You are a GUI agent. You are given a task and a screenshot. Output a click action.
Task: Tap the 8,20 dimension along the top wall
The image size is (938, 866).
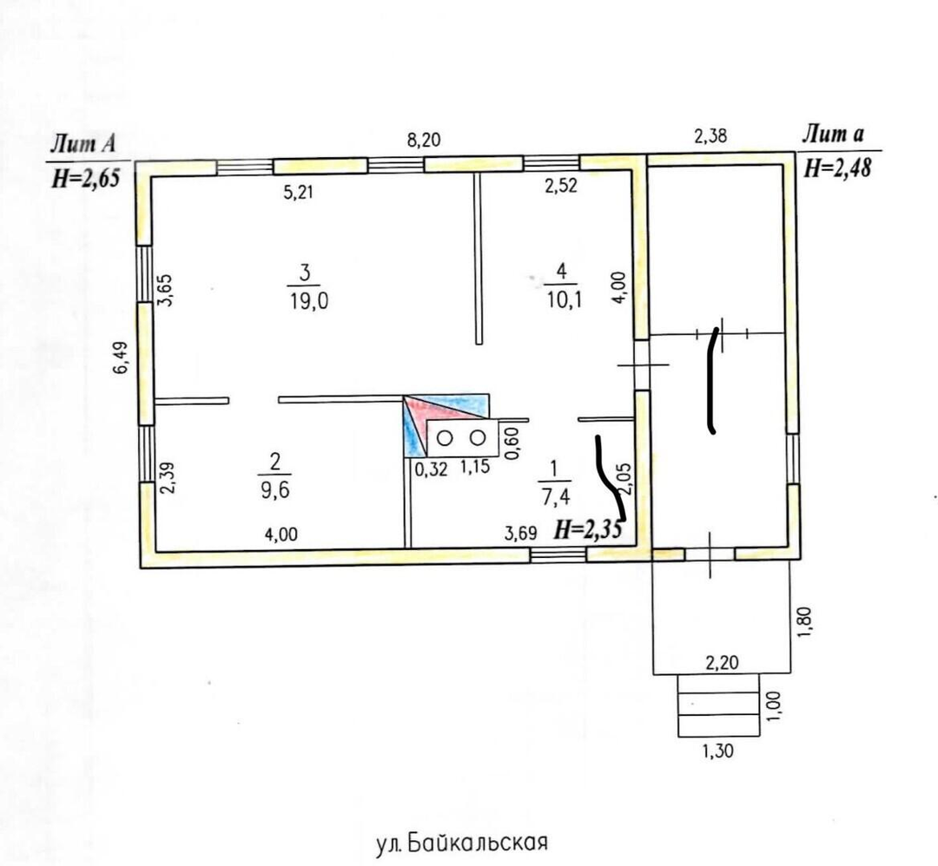tap(424, 140)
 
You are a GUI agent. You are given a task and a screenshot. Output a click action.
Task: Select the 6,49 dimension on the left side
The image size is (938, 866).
tap(120, 358)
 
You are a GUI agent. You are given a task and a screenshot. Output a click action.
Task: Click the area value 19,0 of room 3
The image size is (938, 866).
tap(308, 301)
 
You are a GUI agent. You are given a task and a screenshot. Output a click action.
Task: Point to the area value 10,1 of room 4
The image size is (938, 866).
tap(564, 299)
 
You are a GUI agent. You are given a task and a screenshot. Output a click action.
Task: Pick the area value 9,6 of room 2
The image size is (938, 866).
tap(275, 490)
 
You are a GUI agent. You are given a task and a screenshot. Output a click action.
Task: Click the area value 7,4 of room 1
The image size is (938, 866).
tap(557, 496)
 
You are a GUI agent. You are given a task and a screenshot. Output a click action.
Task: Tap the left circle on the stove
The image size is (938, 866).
tap(445, 438)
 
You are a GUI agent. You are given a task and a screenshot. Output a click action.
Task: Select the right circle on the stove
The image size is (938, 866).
tap(478, 438)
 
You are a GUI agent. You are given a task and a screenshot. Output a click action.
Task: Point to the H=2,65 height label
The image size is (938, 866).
tap(86, 178)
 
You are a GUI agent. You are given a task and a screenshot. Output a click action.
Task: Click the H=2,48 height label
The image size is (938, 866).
tap(837, 168)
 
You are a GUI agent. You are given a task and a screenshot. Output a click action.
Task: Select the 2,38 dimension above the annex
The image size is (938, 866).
tap(710, 136)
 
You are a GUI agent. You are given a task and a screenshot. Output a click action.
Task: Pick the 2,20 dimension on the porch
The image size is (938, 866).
tap(722, 662)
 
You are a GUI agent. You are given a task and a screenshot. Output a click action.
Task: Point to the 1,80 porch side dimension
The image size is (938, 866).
tap(805, 622)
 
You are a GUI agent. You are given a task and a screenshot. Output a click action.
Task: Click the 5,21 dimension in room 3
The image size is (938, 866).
tap(298, 193)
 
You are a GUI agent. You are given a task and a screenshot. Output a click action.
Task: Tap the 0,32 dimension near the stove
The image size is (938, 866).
tap(431, 469)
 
